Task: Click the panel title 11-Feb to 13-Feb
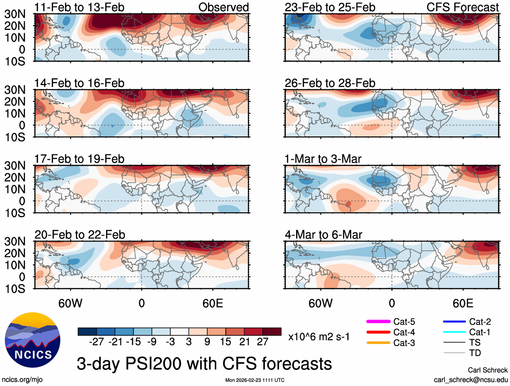(80, 7)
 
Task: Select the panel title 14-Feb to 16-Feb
(80, 83)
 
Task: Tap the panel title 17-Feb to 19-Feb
(80, 159)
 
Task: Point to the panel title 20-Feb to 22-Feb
(80, 235)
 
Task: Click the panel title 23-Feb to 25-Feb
(330, 7)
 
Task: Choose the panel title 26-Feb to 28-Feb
(330, 83)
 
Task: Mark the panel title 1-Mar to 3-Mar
(324, 159)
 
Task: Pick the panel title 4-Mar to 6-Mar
(324, 235)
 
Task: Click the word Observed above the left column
(224, 7)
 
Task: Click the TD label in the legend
(475, 353)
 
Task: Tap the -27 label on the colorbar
(97, 342)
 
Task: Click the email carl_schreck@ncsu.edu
(470, 379)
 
